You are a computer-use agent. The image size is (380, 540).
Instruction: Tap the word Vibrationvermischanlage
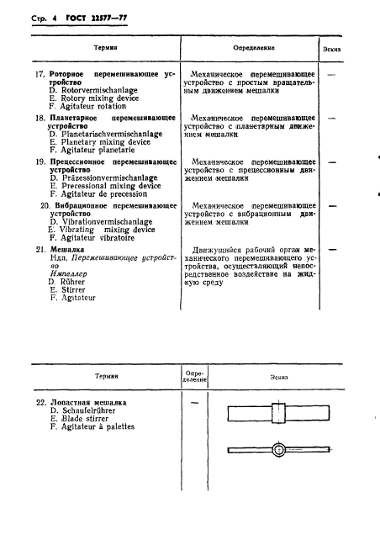pos(98,222)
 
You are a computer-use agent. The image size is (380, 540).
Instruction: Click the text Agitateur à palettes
pos(92,427)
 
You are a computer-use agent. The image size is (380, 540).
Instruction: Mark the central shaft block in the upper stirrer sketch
pos(279,413)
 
